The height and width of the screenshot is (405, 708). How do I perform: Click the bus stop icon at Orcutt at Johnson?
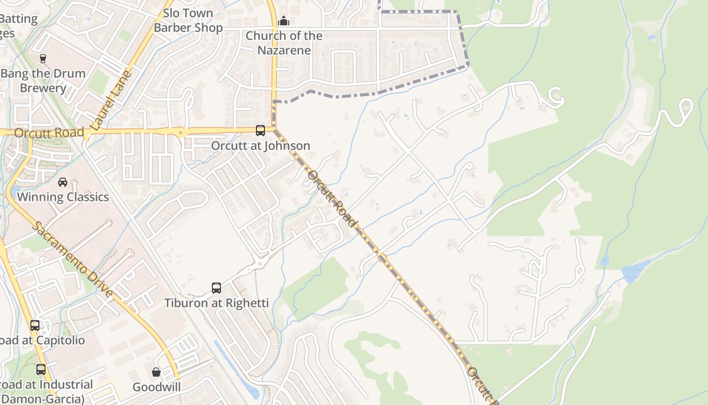tap(260, 131)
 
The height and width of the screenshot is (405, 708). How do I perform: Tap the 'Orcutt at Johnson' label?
tap(260, 146)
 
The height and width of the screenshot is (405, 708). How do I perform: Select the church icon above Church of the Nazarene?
tap(284, 21)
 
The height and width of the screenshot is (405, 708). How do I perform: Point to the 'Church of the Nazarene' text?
tap(284, 43)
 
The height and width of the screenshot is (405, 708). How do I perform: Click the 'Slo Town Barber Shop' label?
tap(188, 20)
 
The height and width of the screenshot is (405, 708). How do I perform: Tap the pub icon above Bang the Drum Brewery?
tap(43, 58)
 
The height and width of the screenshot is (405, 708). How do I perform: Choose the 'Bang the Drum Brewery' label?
tap(43, 80)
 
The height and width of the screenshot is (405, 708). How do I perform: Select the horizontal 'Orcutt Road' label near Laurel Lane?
tap(49, 133)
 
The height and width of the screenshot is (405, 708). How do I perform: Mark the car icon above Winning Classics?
tap(63, 182)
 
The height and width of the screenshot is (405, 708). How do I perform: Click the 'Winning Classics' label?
tap(63, 197)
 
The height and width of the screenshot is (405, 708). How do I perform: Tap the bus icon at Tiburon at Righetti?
tap(216, 288)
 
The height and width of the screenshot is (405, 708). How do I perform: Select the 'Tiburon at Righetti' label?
tap(216, 303)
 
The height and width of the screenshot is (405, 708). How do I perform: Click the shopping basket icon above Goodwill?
tap(156, 372)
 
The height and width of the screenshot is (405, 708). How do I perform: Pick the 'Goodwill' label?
tap(156, 387)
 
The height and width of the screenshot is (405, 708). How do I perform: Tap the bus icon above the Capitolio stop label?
tap(35, 325)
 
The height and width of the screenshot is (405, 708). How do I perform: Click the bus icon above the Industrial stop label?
tap(41, 370)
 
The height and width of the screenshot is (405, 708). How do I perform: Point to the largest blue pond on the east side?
tap(635, 272)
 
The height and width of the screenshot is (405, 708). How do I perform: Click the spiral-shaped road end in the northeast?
tap(555, 96)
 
